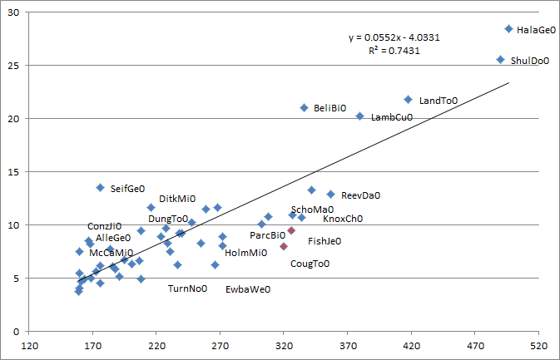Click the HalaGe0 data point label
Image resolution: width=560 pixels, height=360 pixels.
[536, 29]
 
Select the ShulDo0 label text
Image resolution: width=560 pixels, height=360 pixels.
[530, 61]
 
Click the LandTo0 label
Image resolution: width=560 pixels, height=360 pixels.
[439, 101]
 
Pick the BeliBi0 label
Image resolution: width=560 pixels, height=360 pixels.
[330, 108]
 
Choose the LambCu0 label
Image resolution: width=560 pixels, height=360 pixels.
[391, 117]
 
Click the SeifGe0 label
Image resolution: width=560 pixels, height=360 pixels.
[128, 189]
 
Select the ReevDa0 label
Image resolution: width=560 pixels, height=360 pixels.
[360, 195]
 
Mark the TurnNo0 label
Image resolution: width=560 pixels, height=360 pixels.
[187, 288]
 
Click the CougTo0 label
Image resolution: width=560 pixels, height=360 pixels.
[310, 264]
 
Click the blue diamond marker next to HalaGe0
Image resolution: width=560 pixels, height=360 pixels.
[508, 29]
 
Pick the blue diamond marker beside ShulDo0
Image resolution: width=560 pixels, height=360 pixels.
[500, 60]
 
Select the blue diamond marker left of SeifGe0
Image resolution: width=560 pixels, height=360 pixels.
[101, 188]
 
